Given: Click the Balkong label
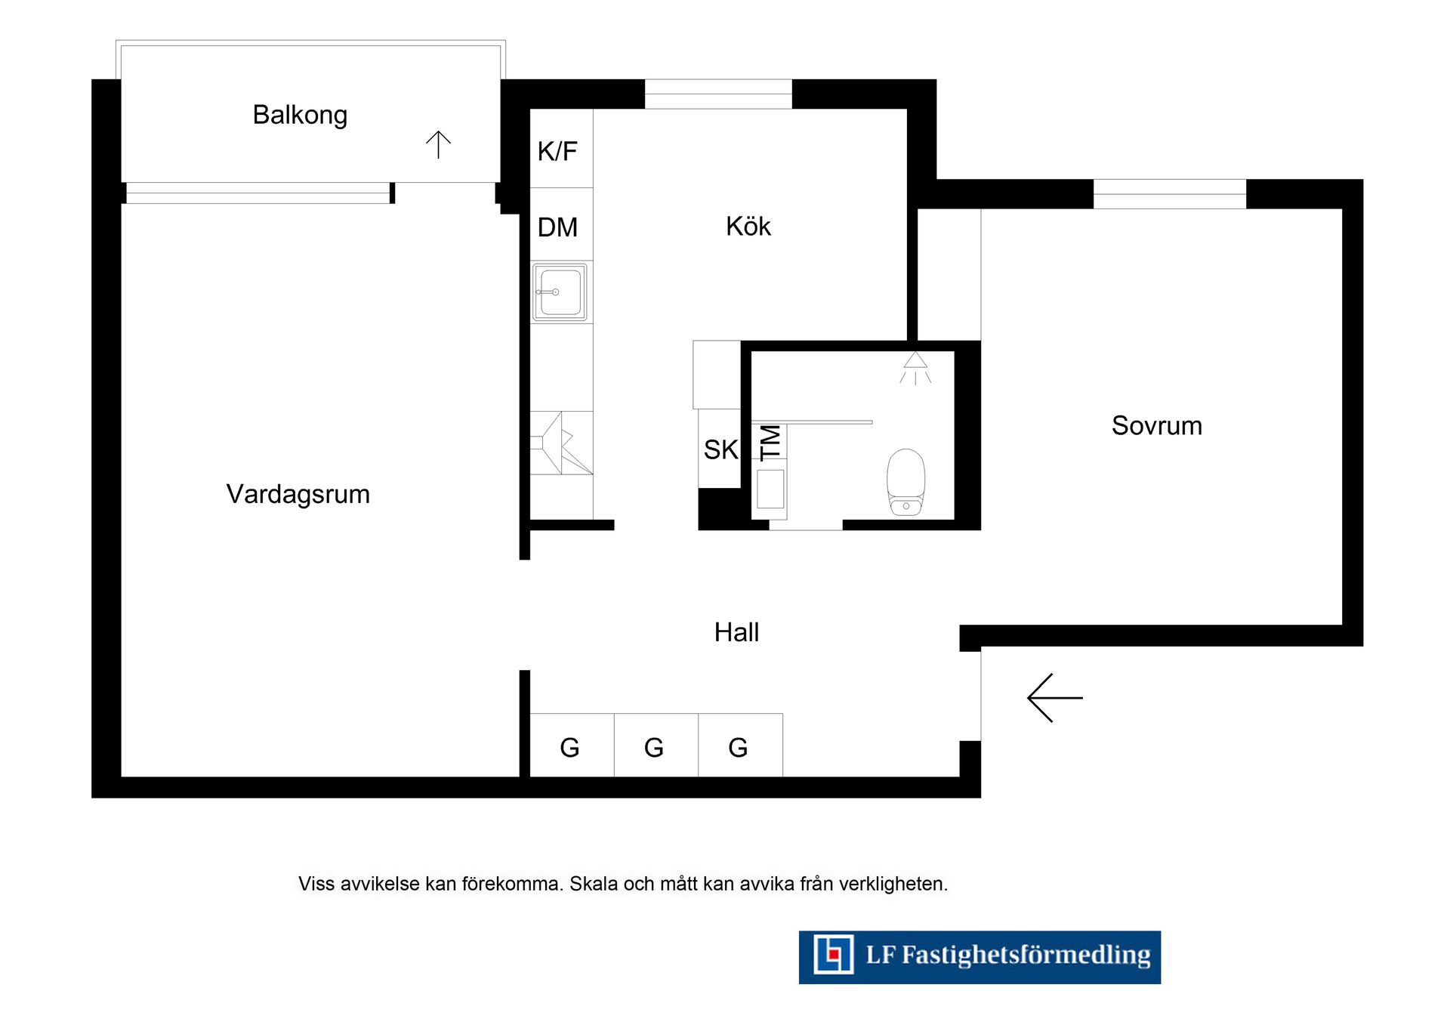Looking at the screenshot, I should click(x=300, y=115).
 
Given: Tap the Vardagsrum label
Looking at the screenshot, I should click(x=298, y=494).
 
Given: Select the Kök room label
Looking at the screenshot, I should click(x=748, y=226).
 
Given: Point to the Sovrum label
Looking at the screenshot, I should click(x=1156, y=425).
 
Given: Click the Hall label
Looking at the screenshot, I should click(x=736, y=632).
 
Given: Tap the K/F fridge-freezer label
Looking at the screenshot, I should click(x=557, y=151).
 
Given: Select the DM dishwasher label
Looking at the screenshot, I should click(x=557, y=227).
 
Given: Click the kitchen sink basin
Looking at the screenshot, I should click(x=560, y=292).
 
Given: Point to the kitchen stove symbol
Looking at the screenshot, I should click(x=560, y=443).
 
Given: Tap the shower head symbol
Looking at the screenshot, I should click(x=915, y=367).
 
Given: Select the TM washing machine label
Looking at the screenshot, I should click(x=770, y=442).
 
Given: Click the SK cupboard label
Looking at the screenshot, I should click(x=720, y=449).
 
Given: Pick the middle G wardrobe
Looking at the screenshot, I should click(x=654, y=747).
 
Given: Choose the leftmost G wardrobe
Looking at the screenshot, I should click(x=569, y=747).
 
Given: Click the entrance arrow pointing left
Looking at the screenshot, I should click(x=1054, y=698).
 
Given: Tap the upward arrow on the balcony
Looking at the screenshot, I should click(x=438, y=144).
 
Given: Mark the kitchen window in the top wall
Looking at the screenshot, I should click(x=717, y=94).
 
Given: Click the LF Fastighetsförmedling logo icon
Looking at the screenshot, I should click(x=833, y=955).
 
